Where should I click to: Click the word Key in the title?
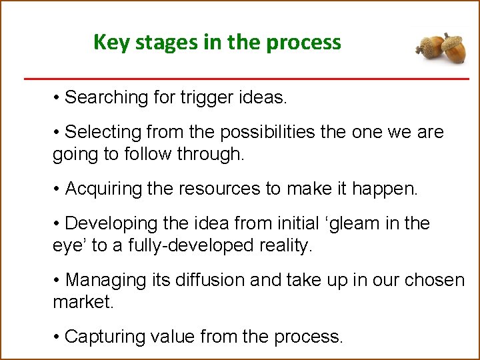pyautogui.click(x=109, y=42)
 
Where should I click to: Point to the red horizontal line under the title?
pyautogui.click(x=247, y=79)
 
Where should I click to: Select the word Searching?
pyautogui.click(x=106, y=97)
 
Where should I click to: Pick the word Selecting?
pyautogui.click(x=103, y=133)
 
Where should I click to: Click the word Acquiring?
pyautogui.click(x=103, y=189)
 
